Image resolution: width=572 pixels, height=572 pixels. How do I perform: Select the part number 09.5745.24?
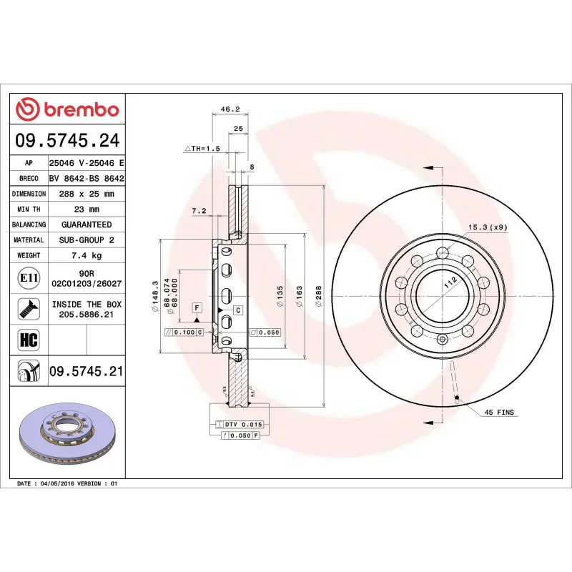click(67, 141)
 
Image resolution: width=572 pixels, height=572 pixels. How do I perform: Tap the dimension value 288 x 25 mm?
click(86, 194)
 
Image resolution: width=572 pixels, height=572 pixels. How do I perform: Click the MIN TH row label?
click(29, 209)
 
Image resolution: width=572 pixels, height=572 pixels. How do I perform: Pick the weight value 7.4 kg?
click(86, 255)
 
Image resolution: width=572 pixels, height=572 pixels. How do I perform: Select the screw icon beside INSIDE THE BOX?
click(29, 309)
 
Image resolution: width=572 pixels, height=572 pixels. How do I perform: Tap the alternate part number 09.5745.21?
click(86, 371)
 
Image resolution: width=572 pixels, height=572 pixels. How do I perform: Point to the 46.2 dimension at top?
click(230, 109)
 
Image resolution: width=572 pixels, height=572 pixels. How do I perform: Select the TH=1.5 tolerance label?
click(203, 148)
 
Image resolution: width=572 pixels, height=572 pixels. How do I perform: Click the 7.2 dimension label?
click(199, 211)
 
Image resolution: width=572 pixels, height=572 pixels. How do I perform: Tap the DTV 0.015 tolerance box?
click(242, 425)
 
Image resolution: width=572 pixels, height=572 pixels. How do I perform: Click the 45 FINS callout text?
click(499, 413)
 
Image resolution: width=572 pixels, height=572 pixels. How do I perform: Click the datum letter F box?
click(196, 307)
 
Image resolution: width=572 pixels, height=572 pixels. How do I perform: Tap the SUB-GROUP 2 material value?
click(86, 240)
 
